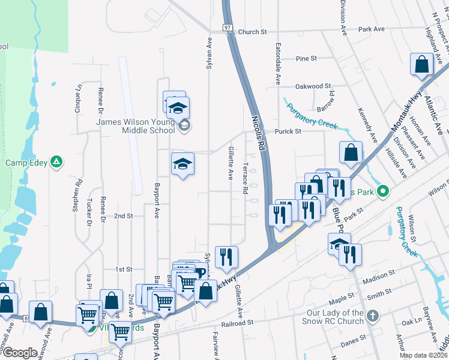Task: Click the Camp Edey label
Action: [x=26, y=163]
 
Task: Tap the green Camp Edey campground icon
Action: [x=56, y=161]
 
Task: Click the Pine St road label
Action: [x=306, y=58]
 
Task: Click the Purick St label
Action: [x=287, y=131]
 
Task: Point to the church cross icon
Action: [x=373, y=315]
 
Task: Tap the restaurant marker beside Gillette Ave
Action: [x=226, y=257]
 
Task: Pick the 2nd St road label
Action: [x=123, y=215]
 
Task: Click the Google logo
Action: [x=19, y=353]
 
